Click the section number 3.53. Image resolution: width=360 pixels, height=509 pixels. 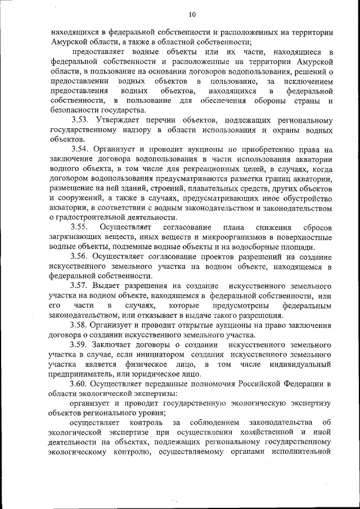(83, 120)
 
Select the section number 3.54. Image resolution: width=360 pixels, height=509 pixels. (83, 150)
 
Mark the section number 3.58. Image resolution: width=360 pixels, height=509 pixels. (83, 325)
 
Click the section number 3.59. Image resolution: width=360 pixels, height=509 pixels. (83, 344)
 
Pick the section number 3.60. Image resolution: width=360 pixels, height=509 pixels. (83, 383)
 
